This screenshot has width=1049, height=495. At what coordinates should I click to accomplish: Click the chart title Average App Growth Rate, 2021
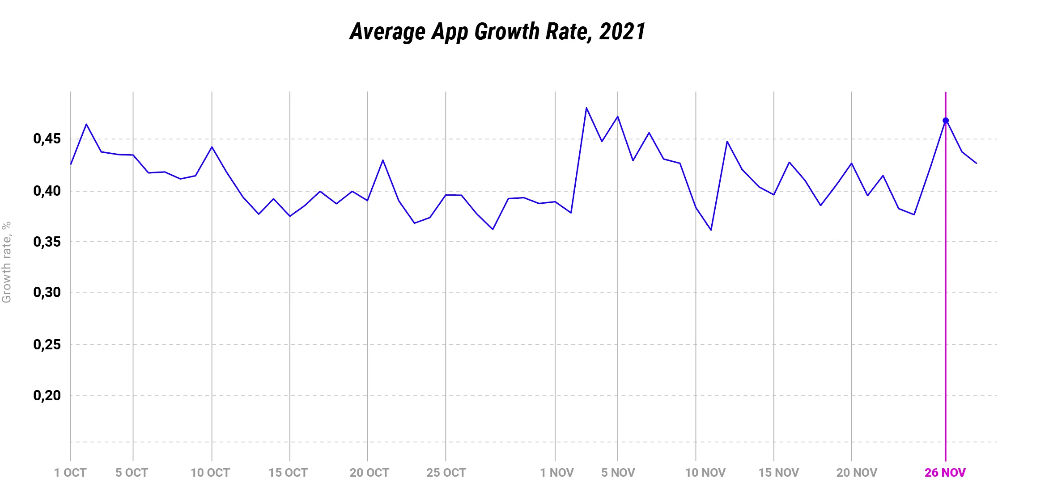click(x=497, y=32)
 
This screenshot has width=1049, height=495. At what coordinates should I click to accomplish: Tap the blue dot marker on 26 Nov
click(x=945, y=121)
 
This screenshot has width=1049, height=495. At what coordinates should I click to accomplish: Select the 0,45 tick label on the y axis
click(x=47, y=139)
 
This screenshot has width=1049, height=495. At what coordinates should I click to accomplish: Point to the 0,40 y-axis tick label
click(x=47, y=191)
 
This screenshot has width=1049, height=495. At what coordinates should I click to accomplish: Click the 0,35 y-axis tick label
click(x=47, y=242)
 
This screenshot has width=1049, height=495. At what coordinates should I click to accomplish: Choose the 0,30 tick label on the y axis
click(x=47, y=293)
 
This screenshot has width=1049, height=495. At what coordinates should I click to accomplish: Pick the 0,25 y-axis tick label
click(x=47, y=344)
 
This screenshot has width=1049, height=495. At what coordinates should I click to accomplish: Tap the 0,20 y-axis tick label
click(x=47, y=395)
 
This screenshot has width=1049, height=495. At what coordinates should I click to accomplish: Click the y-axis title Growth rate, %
click(x=6, y=262)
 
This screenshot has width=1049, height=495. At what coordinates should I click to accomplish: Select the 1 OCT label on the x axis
click(x=70, y=473)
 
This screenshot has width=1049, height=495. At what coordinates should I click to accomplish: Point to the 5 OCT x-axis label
click(x=132, y=473)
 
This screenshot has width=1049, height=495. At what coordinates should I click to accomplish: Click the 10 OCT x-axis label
click(x=210, y=473)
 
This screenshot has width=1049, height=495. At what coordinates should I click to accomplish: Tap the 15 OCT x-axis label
click(x=288, y=473)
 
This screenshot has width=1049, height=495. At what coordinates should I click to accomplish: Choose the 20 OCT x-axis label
click(x=369, y=473)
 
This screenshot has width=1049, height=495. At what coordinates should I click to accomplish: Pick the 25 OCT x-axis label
click(x=446, y=473)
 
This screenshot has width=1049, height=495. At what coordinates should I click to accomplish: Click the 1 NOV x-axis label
click(x=556, y=473)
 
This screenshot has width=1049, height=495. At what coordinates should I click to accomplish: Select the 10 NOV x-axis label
click(x=705, y=473)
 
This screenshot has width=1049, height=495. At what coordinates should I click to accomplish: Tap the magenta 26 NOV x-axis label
click(x=945, y=473)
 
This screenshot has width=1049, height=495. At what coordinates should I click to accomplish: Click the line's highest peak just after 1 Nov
click(x=586, y=108)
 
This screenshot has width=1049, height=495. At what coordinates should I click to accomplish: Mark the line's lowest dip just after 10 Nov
click(x=711, y=230)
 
